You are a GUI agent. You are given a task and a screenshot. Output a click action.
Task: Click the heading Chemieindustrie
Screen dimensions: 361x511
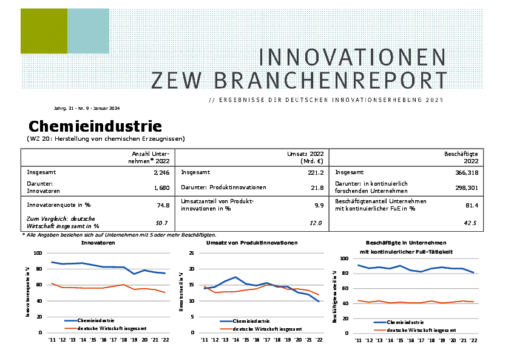[95, 127]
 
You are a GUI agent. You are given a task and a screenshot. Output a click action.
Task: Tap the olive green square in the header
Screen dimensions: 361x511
[44, 31]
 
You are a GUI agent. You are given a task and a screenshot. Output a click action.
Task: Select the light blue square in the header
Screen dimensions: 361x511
[88, 31]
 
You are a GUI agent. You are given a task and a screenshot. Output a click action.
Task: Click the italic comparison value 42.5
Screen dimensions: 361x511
[470, 223]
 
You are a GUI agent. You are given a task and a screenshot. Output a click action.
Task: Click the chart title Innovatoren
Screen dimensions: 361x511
[98, 243]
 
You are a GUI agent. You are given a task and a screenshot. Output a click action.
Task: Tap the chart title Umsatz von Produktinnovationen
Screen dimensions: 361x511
[251, 243]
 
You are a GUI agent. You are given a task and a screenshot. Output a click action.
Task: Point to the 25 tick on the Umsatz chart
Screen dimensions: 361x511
[192, 254]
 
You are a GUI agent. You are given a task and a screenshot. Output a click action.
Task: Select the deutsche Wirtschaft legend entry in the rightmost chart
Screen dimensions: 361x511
[421, 329]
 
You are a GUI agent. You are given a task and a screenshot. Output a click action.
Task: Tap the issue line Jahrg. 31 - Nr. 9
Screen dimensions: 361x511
[86, 108]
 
